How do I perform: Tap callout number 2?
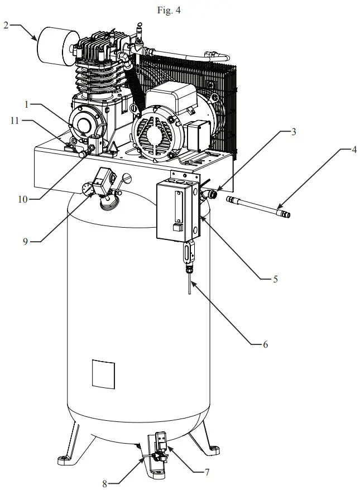[x=6, y=25]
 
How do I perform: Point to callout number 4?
[x=353, y=150]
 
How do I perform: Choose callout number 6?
[x=266, y=345]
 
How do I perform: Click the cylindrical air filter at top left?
[x=57, y=44]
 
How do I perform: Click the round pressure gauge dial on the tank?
[x=87, y=190]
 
